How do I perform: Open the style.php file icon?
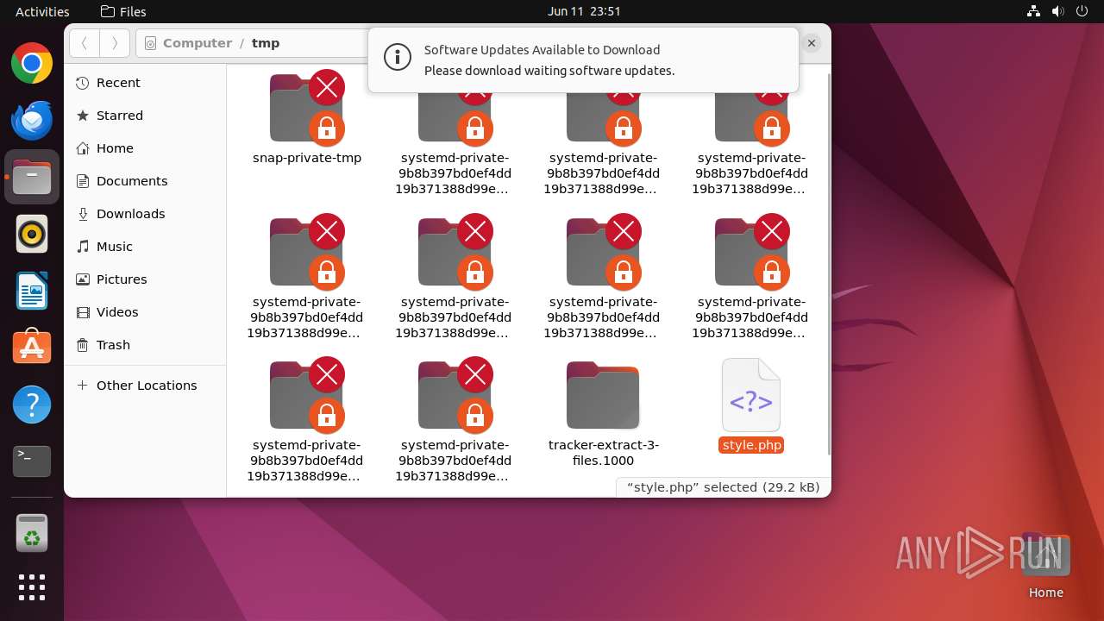pos(750,396)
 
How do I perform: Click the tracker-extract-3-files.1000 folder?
pos(603,396)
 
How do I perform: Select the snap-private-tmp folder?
pos(306,110)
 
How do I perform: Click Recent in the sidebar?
pos(118,83)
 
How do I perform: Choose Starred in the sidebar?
pos(119,116)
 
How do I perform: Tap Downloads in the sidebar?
pos(130,214)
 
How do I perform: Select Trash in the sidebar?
pos(113,345)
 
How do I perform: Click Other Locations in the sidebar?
pos(146,386)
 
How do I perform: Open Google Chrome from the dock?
pos(32,64)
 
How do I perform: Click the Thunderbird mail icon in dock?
pos(32,120)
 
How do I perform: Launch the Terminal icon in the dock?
pos(32,461)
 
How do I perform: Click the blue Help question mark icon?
pos(32,405)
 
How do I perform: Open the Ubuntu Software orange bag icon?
pos(32,348)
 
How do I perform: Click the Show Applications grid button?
pos(32,587)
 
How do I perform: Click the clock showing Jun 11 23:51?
pos(584,11)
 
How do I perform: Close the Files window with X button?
pos(811,43)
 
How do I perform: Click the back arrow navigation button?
pos(84,43)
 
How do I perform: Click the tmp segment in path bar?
pos(266,43)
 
